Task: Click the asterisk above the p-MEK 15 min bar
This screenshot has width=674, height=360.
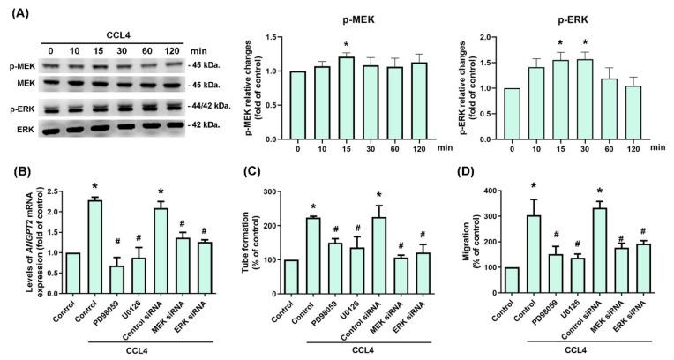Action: coord(322,46)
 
